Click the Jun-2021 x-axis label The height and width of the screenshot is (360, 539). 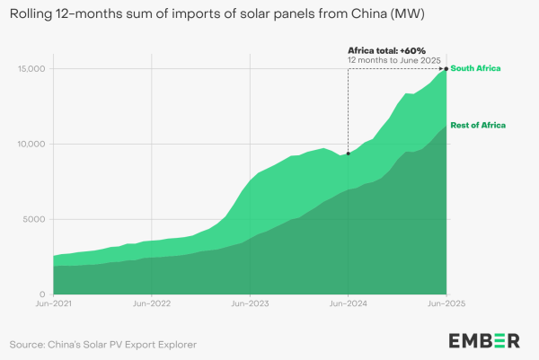point(54,305)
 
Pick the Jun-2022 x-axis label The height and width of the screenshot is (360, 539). point(152,305)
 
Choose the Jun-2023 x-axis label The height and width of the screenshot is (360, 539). point(250,305)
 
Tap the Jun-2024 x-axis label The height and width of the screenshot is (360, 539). point(348,305)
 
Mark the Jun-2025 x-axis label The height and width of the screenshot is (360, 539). point(446,305)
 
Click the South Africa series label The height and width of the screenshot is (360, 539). point(475,69)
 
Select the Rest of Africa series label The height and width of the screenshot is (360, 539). point(479,124)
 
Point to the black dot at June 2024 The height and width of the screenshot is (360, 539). point(348,154)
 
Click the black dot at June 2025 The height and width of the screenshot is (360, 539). point(446,69)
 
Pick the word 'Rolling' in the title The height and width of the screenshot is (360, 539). point(33,15)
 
